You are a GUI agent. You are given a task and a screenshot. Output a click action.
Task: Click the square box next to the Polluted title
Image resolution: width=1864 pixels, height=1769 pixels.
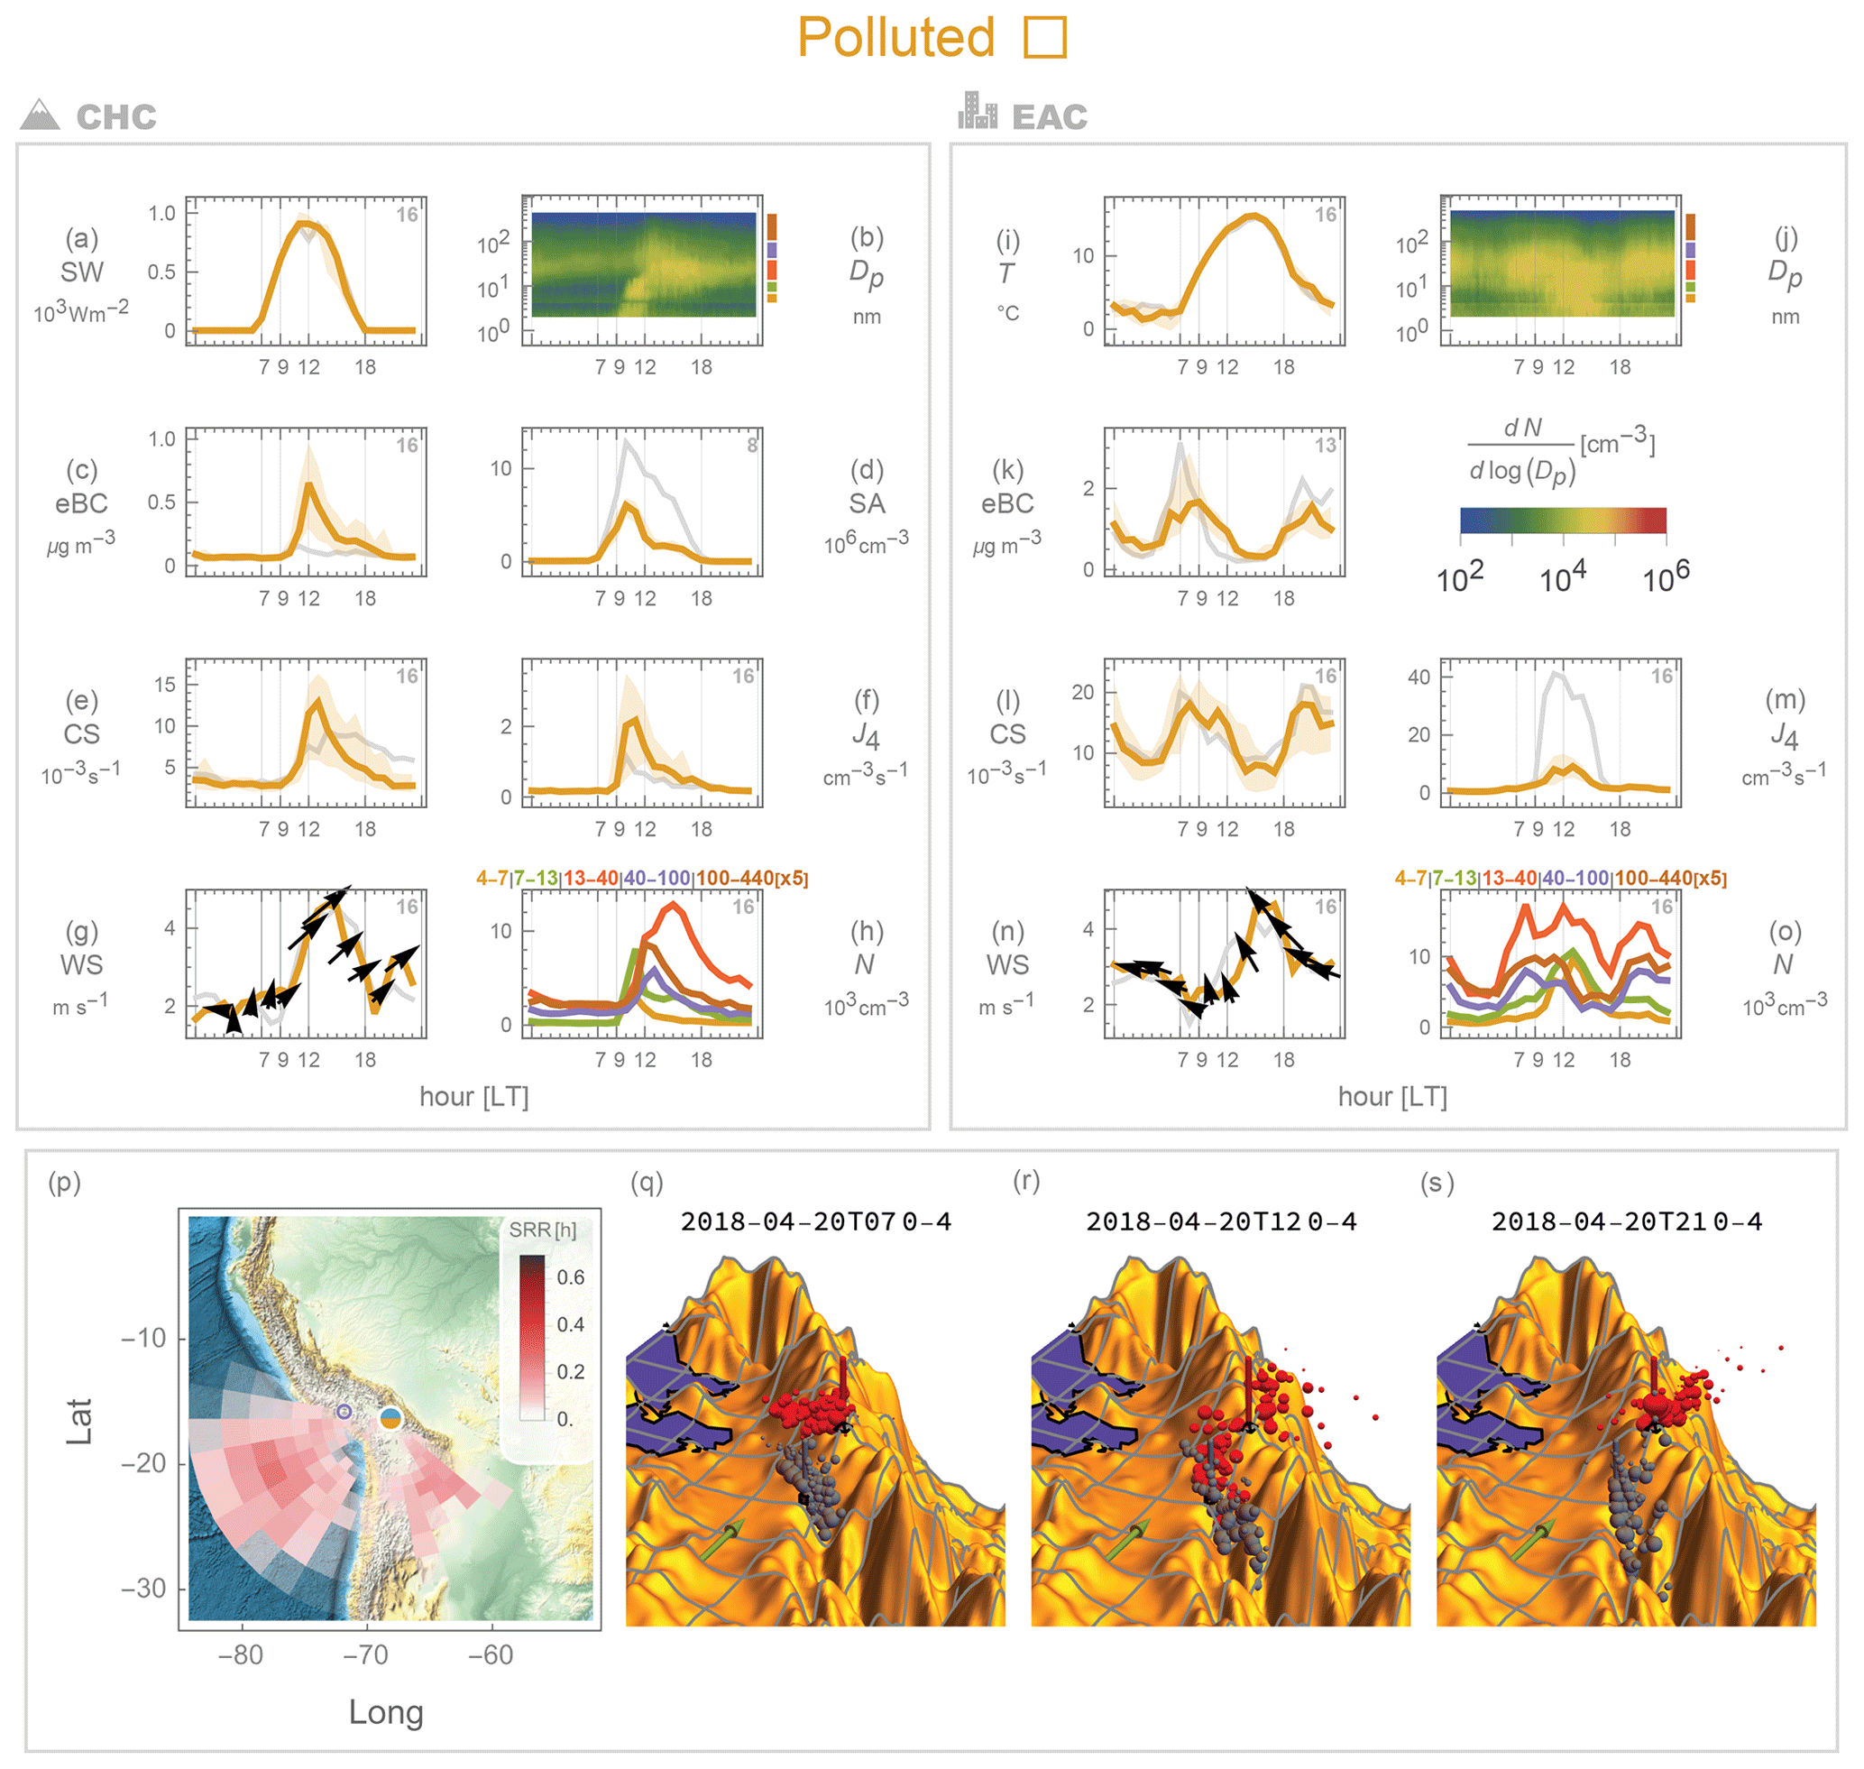point(1044,38)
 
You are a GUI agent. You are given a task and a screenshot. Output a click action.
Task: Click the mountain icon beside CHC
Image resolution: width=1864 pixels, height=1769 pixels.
point(40,115)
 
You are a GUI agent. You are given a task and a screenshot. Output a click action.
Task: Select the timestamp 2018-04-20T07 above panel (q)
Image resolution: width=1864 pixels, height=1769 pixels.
point(788,1222)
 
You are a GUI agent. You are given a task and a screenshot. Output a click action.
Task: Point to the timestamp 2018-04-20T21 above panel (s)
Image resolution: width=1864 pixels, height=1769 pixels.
point(1599,1222)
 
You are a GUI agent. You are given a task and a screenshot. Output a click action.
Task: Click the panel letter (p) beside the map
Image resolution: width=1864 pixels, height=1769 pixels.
point(65,1183)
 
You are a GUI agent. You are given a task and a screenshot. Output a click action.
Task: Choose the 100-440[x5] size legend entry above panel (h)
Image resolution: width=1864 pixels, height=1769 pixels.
point(752,878)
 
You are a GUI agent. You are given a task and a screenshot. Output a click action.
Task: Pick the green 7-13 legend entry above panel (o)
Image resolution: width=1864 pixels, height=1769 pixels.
point(1454,878)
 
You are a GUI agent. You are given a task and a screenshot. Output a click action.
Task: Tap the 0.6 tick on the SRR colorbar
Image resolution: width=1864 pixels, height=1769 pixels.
point(571,1277)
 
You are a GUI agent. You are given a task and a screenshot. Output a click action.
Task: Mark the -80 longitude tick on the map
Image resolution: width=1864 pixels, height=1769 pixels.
point(241,1655)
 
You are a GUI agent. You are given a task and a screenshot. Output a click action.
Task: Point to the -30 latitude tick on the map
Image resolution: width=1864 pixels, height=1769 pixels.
point(143,1589)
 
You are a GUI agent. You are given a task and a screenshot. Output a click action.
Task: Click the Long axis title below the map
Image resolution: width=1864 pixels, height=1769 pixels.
point(386,1712)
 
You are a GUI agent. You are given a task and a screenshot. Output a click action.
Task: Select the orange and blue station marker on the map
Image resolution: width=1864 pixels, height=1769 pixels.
point(390,1417)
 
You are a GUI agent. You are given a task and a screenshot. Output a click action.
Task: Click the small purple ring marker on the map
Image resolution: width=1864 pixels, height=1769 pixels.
point(344,1412)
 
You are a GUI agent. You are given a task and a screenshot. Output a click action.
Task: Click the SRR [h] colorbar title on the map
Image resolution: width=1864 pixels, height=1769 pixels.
point(542,1230)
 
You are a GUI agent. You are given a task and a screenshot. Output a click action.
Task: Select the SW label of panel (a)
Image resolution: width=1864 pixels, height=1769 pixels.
point(82,272)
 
